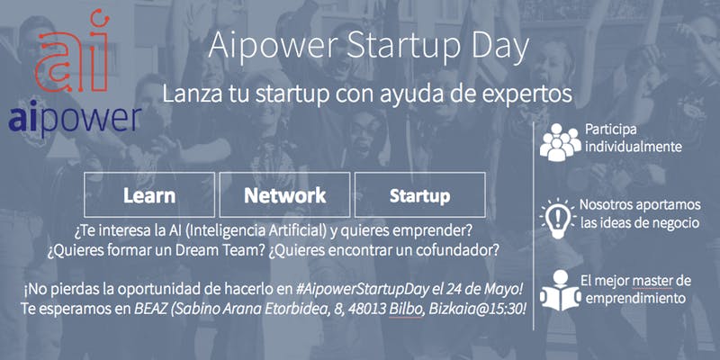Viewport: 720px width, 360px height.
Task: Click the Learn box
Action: pyautogui.click(x=149, y=194)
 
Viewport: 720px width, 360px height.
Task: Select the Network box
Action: pyautogui.click(x=284, y=194)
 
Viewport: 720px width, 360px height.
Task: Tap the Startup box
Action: pyautogui.click(x=419, y=194)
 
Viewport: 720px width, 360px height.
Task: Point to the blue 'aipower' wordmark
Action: pyautogui.click(x=75, y=120)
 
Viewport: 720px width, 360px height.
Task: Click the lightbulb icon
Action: pyautogui.click(x=558, y=218)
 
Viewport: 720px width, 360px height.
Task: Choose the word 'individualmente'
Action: pyautogui.click(x=633, y=147)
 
